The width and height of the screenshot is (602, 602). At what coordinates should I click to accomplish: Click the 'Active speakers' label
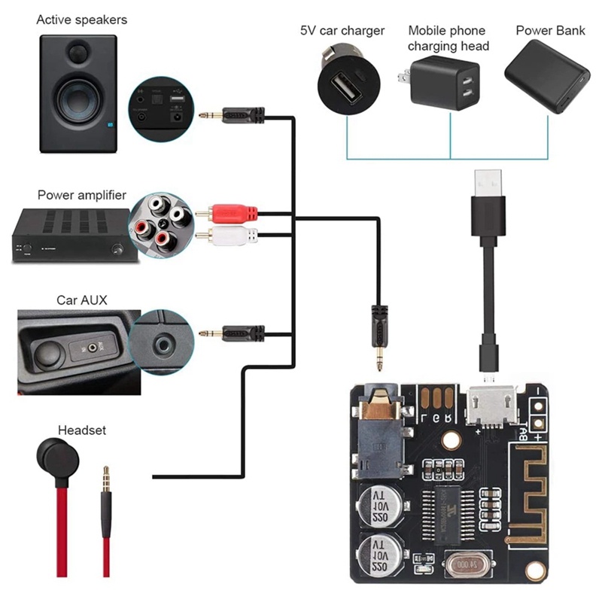(81, 20)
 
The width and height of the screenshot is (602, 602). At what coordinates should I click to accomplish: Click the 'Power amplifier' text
(82, 194)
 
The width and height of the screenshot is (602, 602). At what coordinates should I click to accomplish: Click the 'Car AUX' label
(81, 299)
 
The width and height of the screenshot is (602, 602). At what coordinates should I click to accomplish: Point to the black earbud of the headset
(53, 456)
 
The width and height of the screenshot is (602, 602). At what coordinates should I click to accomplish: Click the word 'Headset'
(81, 430)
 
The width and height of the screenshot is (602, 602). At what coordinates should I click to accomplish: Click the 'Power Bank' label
(545, 31)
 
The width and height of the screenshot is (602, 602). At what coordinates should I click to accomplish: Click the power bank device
(547, 75)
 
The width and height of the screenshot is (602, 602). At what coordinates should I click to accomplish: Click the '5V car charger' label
(342, 31)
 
